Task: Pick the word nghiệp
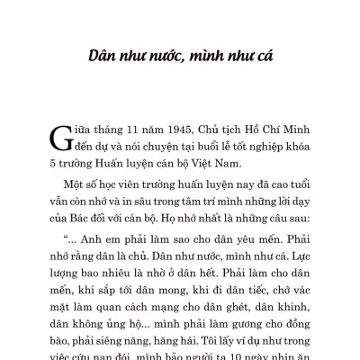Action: (255, 148)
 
